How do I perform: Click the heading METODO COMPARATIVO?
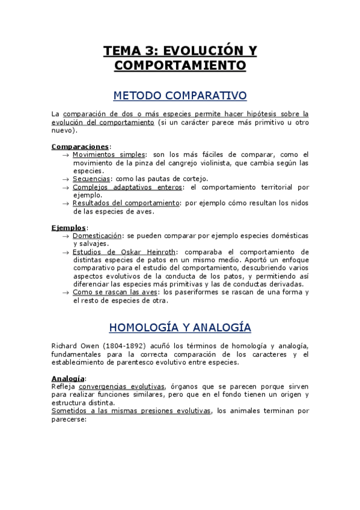point(180,96)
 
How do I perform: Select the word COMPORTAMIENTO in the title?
point(180,66)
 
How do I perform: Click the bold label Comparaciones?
point(80,146)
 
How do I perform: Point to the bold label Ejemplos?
point(69,228)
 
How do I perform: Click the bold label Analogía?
point(69,378)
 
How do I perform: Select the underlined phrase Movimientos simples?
point(109,155)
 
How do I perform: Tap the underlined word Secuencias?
point(91,179)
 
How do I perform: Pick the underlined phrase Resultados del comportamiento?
point(126,203)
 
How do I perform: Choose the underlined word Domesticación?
point(97,236)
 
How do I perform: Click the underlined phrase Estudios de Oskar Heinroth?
point(124,252)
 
